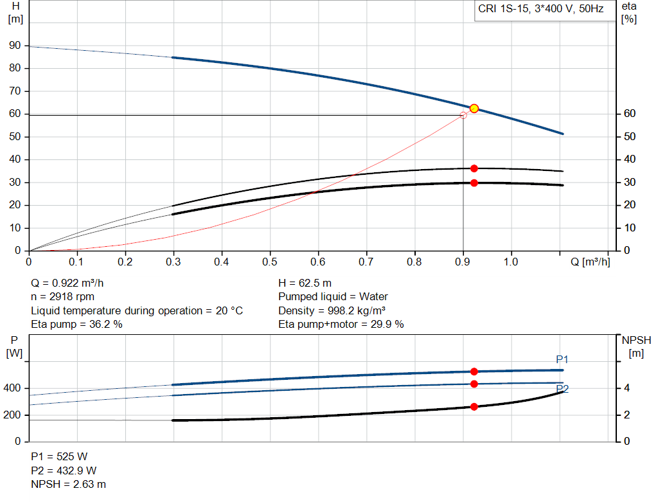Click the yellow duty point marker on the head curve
point(474,108)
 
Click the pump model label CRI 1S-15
point(544,9)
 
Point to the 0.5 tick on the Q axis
point(270,262)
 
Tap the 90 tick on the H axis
point(14,46)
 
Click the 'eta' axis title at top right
point(629,6)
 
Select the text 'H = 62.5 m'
point(305,283)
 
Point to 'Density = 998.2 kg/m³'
point(332,310)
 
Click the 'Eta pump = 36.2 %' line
point(76,324)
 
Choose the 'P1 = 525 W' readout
point(59,456)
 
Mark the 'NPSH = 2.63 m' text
point(68,484)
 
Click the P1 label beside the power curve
point(562,359)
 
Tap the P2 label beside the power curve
point(562,389)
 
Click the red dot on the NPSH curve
point(474,407)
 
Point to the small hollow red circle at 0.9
point(463,115)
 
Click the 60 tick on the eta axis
point(630,114)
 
